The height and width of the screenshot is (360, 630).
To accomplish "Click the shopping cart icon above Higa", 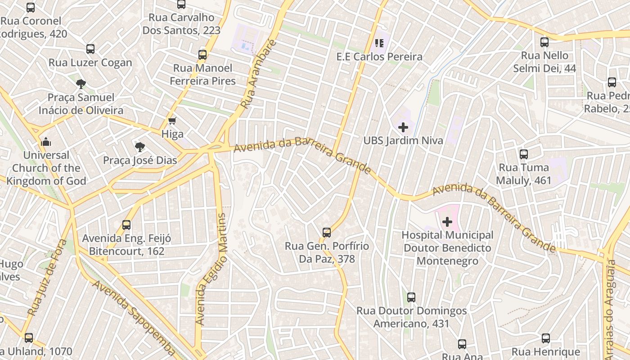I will pyautogui.click(x=172, y=121).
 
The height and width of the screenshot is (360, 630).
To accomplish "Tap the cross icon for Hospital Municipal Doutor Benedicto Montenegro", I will pyautogui.click(x=447, y=221).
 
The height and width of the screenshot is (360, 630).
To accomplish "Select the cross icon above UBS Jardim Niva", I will pyautogui.click(x=403, y=127).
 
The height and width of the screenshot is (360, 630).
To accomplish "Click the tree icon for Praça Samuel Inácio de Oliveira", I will pyautogui.click(x=81, y=83).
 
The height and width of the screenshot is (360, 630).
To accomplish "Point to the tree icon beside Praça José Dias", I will pyautogui.click(x=140, y=146).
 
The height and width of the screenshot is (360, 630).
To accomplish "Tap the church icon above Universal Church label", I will pyautogui.click(x=46, y=142).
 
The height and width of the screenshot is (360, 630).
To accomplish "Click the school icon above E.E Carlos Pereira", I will pyautogui.click(x=379, y=43).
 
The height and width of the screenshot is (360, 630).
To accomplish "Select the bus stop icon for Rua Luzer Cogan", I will pyautogui.click(x=90, y=49).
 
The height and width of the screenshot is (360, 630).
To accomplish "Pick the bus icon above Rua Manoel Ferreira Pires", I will pyautogui.click(x=202, y=55).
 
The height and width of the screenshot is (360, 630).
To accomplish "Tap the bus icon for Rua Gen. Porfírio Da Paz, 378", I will pyautogui.click(x=327, y=233).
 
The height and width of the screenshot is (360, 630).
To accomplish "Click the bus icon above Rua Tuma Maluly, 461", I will pyautogui.click(x=524, y=154).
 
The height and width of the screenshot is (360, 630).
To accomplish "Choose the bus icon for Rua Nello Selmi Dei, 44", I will pyautogui.click(x=544, y=42).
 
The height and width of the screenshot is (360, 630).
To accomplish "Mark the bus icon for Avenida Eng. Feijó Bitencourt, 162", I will pyautogui.click(x=126, y=225).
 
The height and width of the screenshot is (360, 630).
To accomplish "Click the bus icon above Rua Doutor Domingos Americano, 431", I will pyautogui.click(x=411, y=297).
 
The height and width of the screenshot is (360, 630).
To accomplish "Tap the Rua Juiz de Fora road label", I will pyautogui.click(x=47, y=278).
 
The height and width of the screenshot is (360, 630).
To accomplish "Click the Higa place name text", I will pyautogui.click(x=172, y=134).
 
